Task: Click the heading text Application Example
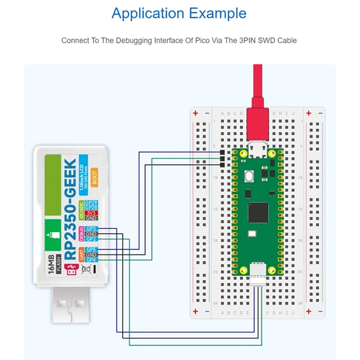(179, 13)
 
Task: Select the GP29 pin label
(91, 203)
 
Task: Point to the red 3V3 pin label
(91, 213)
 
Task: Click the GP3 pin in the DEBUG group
(91, 229)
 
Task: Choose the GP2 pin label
(91, 239)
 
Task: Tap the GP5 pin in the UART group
(91, 250)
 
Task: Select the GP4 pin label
(91, 260)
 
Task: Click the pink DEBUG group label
(82, 234)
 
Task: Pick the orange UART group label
(82, 255)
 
